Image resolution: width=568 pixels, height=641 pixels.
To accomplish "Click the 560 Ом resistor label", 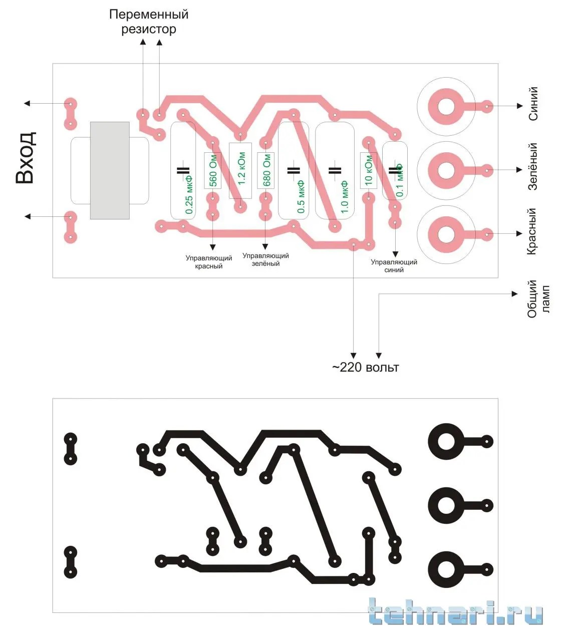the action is [213, 171].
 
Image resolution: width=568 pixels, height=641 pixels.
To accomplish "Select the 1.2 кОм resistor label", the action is [241, 169].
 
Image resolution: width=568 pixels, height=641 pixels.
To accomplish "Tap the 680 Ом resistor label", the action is [266, 170].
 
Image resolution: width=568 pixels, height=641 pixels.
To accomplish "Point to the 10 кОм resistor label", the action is [368, 170].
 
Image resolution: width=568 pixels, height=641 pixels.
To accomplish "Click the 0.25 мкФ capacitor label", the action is [189, 195].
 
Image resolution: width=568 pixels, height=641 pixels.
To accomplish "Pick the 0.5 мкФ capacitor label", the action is [301, 196].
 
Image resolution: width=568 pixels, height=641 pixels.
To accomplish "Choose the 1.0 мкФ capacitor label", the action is [344, 197].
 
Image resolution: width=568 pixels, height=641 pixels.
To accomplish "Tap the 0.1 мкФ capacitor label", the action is [399, 180].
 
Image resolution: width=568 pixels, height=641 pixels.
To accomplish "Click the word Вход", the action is [26, 157].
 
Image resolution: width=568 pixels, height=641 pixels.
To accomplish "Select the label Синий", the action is [533, 104].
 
